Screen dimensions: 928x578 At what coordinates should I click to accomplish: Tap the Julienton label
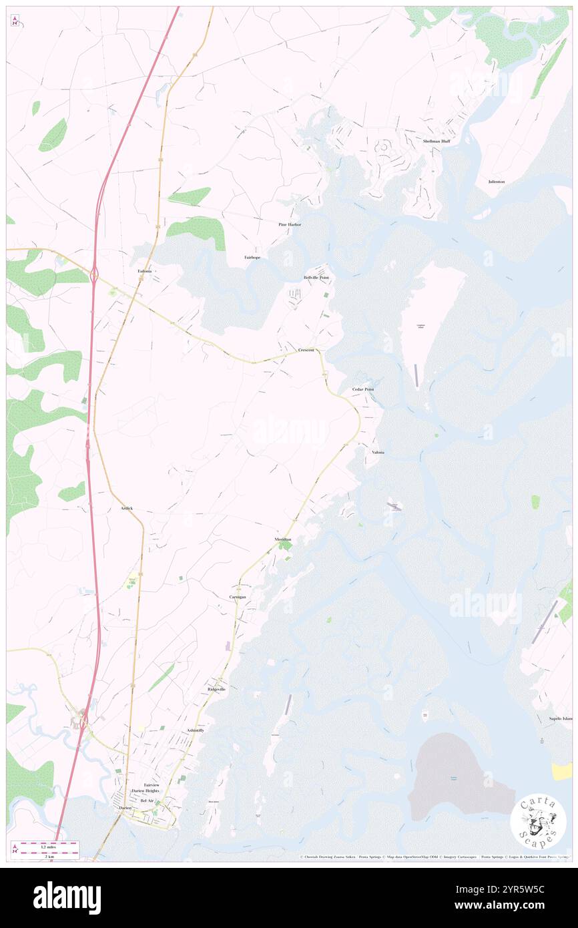coord(496,182)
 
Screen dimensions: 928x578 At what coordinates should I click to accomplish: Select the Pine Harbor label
coord(290,224)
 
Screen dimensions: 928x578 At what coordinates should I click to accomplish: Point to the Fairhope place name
coord(252,257)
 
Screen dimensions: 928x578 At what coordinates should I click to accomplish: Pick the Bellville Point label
coord(316,277)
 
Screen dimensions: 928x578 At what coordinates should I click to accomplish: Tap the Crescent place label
coord(306,350)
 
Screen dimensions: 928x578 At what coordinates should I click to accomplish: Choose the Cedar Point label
coord(363,389)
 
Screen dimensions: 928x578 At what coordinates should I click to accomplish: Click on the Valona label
coord(378,452)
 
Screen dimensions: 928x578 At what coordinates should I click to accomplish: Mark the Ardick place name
coord(127,508)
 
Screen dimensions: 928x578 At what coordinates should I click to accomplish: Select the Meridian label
coord(283,539)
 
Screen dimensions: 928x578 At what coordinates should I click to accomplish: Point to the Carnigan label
coord(238,596)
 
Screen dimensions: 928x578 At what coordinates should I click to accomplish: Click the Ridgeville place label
coord(216,688)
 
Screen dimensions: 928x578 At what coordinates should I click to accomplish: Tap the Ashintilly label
coord(196,730)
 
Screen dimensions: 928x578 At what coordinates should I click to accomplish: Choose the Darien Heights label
coord(147,790)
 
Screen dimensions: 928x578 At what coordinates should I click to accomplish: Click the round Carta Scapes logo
coord(538,823)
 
